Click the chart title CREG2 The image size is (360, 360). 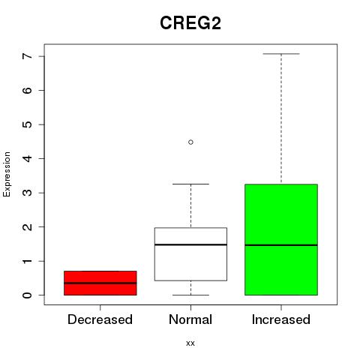coord(190,23)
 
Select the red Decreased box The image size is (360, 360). coord(100,283)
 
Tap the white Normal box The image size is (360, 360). coord(190,254)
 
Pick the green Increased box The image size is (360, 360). coord(281,239)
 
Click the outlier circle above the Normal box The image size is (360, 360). coord(190,142)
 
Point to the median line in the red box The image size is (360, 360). coord(100,283)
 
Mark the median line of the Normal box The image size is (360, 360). coord(190,244)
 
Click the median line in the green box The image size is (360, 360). coord(281,245)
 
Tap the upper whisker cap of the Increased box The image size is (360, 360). coord(281,54)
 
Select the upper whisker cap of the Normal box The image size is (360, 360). coord(190,184)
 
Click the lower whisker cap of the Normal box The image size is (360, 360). coord(190,295)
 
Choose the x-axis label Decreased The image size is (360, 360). coord(100,319)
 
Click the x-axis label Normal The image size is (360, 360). coord(190,319)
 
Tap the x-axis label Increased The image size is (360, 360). coord(281,319)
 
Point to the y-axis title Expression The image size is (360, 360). coord(7,174)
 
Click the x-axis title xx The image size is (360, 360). coord(190,343)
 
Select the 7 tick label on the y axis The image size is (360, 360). coord(28,56)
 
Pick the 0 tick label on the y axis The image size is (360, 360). coord(28,295)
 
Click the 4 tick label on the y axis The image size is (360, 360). coord(28,158)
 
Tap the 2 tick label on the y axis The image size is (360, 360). coord(28,226)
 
